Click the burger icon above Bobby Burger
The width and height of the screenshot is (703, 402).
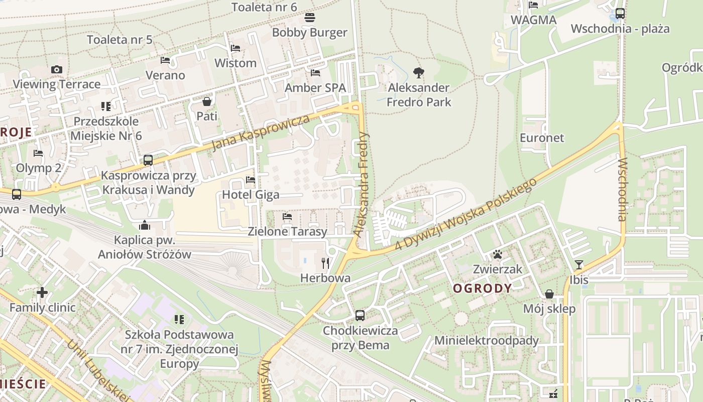310,18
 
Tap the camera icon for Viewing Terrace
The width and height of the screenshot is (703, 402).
57,69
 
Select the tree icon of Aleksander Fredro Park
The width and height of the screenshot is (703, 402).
418,73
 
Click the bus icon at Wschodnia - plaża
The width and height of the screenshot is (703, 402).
620,14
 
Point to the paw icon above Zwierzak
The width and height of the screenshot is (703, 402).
498,254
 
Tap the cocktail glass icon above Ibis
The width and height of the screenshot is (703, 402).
579,264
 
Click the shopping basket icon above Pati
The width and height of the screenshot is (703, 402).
207,102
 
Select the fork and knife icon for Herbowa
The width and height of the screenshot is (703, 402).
325,262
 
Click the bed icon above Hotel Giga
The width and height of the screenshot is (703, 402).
251,179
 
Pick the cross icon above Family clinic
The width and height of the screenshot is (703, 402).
42,292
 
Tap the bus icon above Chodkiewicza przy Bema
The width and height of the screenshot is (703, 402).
360,316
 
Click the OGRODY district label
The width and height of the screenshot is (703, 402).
482,288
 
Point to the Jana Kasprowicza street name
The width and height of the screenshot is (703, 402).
260,133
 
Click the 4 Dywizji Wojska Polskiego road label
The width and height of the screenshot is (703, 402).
466,213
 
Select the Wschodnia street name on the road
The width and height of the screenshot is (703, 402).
622,189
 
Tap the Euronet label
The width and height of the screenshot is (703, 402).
542,138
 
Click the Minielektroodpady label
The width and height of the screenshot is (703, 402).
486,340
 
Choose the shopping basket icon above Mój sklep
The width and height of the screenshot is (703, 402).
549,293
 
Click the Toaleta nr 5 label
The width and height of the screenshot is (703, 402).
120,40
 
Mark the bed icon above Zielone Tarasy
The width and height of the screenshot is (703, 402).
287,217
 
